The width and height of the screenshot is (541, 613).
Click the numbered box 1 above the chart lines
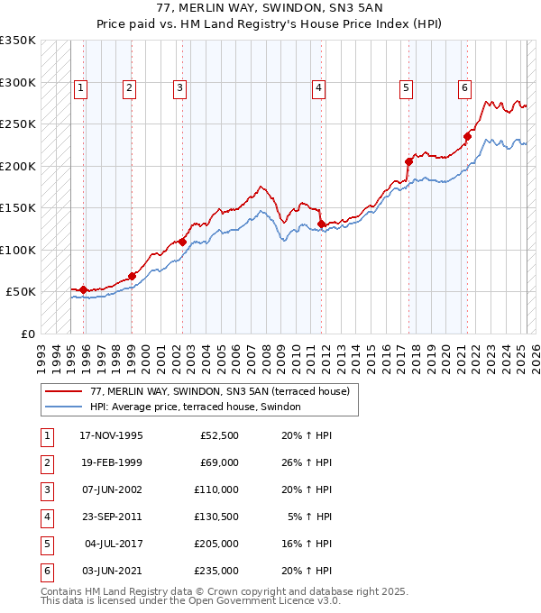[81, 87]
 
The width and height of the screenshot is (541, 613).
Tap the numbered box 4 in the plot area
[319, 87]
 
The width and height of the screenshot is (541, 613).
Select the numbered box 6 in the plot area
[464, 87]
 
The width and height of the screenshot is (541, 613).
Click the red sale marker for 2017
[408, 161]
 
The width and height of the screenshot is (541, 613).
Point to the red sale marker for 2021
[468, 137]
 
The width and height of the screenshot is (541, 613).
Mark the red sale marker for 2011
[322, 224]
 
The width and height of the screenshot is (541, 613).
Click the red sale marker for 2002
[182, 242]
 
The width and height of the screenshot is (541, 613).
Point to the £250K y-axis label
[18, 124]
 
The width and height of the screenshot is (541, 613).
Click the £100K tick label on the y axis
[18, 250]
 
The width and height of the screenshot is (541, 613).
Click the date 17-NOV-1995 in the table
[111, 436]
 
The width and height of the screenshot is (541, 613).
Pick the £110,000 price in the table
[217, 489]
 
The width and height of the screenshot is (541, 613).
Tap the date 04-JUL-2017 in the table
[113, 544]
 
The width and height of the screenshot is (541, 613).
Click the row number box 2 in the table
[45, 463]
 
